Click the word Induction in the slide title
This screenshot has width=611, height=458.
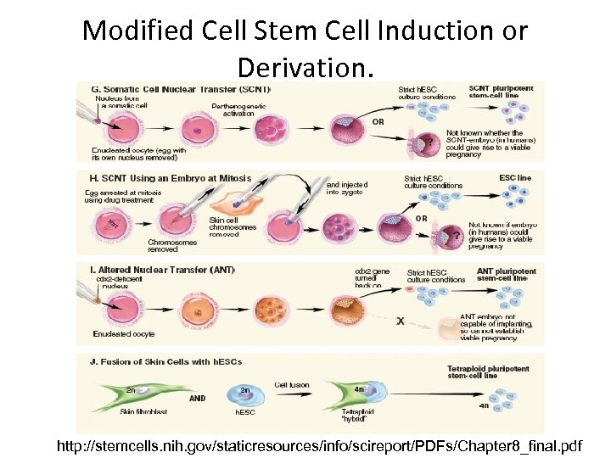tap(416, 31)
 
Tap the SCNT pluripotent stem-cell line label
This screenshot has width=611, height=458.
tap(502, 91)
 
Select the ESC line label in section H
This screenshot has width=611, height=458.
tap(515, 178)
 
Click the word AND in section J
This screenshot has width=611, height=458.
tap(198, 396)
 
